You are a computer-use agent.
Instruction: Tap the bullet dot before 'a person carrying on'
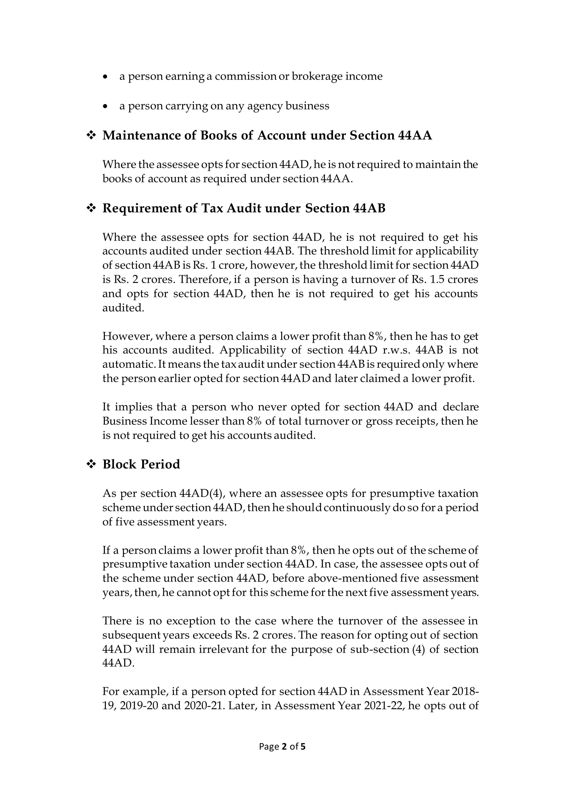(x=105, y=106)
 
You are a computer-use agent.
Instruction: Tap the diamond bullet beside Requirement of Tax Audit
(x=91, y=209)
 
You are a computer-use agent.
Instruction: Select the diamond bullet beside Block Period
(x=91, y=465)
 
